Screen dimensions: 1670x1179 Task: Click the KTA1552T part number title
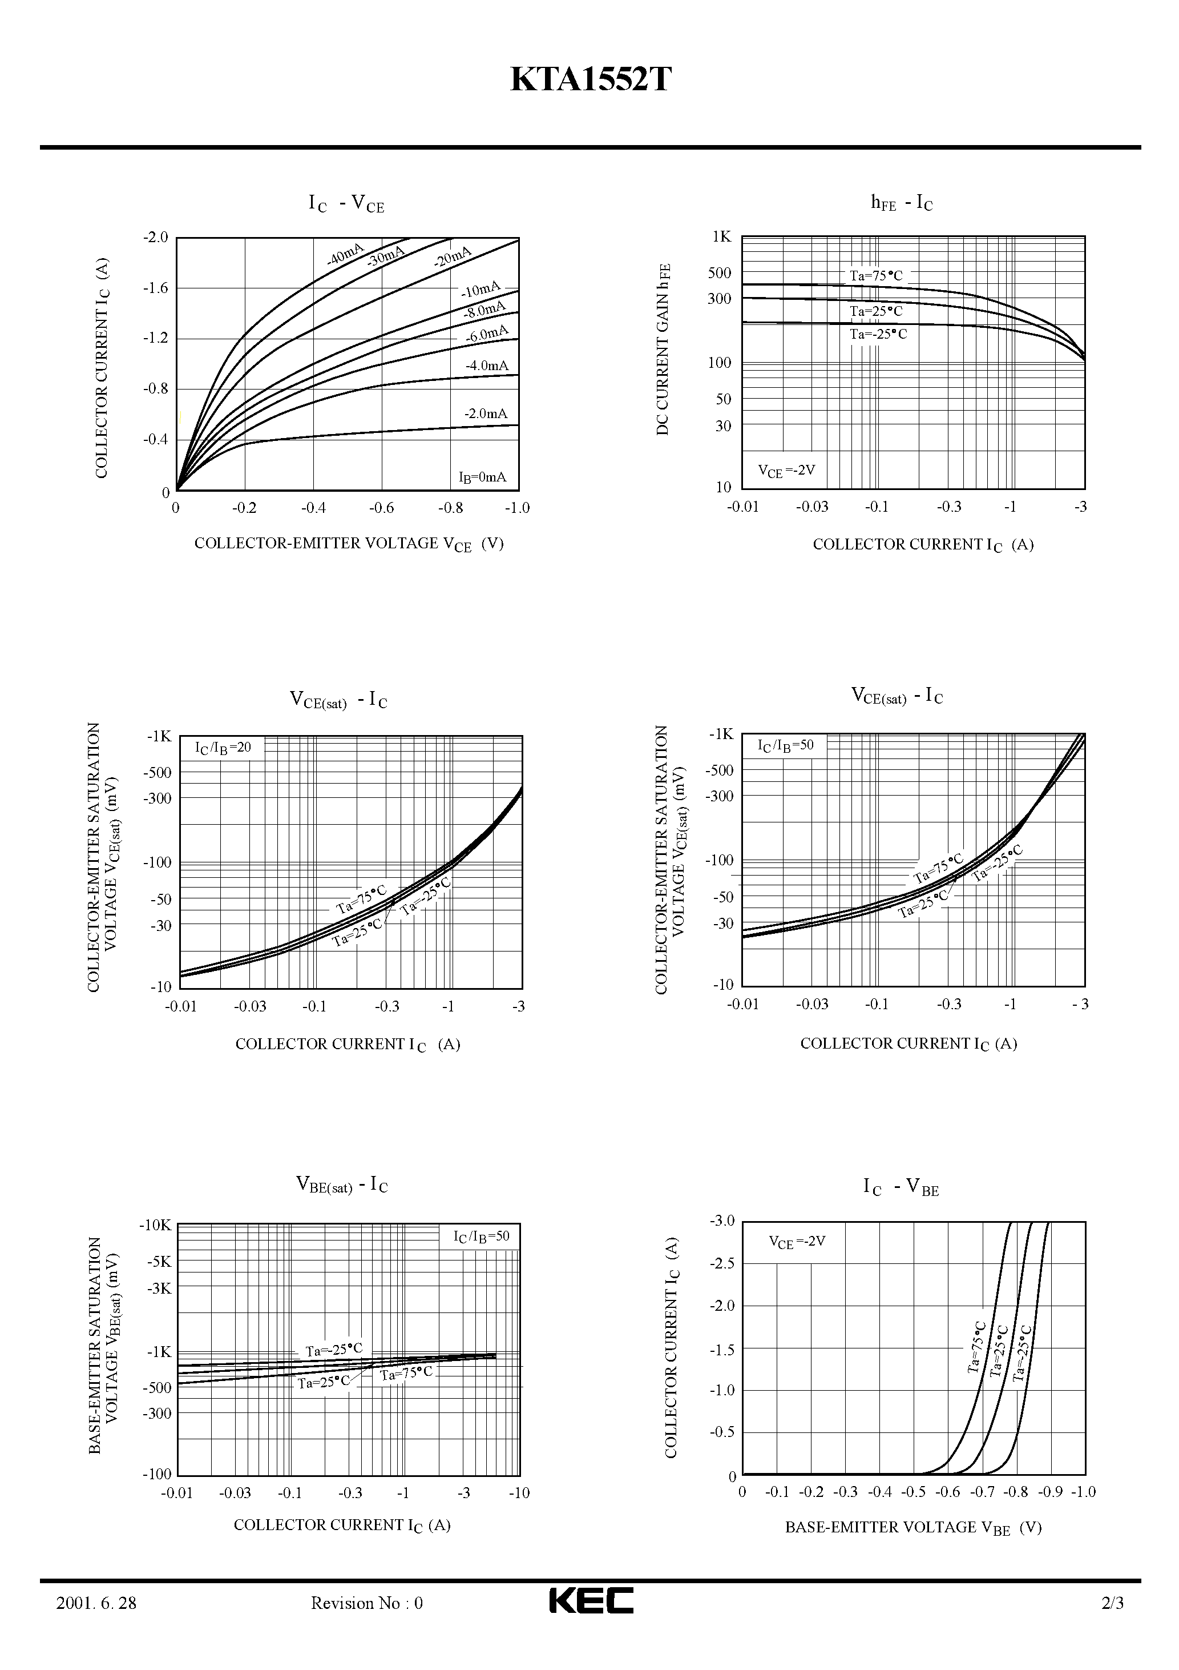(x=590, y=80)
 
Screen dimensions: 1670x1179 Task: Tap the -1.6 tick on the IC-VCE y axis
(x=155, y=288)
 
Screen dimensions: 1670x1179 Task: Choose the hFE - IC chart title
(x=901, y=203)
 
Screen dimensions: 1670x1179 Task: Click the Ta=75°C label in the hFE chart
(x=876, y=276)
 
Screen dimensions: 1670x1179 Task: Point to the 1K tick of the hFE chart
(x=721, y=237)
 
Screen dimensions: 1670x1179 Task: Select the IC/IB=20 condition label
(x=223, y=747)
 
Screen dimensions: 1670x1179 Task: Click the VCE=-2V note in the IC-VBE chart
(x=797, y=1242)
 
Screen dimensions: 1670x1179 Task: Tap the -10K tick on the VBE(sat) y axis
(x=155, y=1225)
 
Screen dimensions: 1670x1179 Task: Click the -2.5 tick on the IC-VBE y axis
(x=722, y=1263)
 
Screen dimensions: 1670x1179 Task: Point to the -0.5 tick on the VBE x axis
(x=913, y=1492)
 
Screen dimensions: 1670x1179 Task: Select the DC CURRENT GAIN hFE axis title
(x=663, y=350)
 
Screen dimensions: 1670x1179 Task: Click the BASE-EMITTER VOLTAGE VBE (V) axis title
(x=913, y=1527)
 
